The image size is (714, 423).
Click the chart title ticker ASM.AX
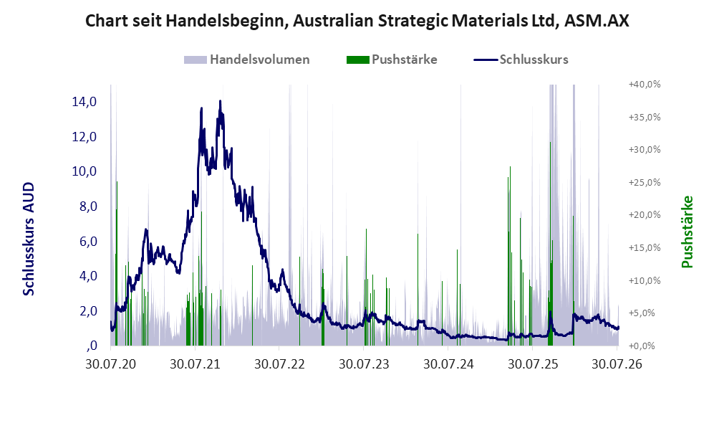(x=597, y=21)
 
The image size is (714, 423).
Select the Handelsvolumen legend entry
(x=247, y=60)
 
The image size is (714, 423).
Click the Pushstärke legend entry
(x=392, y=60)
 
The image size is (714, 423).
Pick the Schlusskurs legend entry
(x=521, y=60)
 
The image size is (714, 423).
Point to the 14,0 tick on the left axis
(x=85, y=102)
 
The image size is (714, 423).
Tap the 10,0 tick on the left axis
(x=85, y=171)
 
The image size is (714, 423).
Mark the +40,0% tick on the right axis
(x=645, y=85)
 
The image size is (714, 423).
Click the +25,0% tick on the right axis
(x=645, y=182)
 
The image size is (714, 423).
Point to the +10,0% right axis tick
(x=645, y=280)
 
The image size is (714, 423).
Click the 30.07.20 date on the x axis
(x=111, y=364)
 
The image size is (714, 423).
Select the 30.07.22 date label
(x=279, y=364)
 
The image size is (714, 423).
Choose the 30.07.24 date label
(x=448, y=364)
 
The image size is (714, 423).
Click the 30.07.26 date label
(x=617, y=364)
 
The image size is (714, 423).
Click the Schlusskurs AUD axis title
(x=29, y=239)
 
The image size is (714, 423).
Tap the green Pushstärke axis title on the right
(x=687, y=232)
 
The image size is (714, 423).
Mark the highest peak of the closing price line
(x=220, y=101)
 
